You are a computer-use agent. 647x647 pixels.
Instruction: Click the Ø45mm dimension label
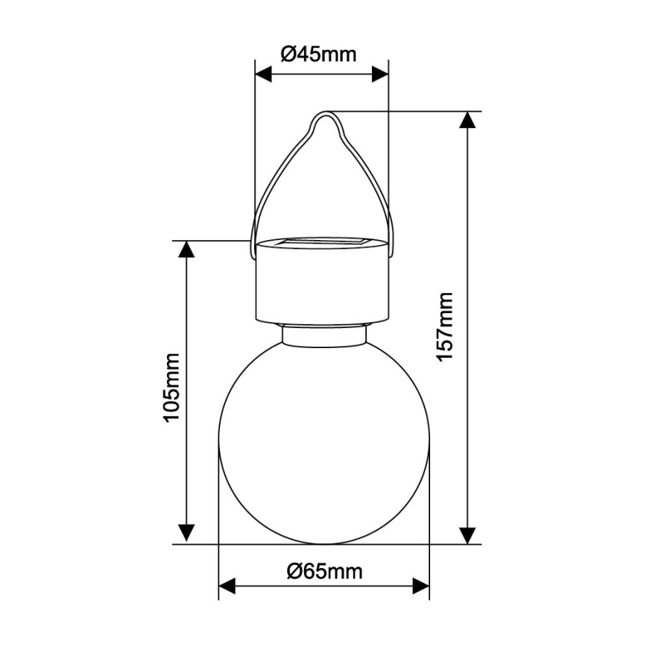(318, 54)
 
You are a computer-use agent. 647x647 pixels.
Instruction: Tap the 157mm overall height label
(445, 326)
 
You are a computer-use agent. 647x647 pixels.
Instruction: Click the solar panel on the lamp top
(322, 242)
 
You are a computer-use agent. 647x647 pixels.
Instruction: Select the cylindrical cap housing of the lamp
(322, 287)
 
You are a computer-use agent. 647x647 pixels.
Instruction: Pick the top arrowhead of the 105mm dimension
(186, 250)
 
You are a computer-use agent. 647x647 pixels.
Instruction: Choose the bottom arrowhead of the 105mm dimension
(186, 534)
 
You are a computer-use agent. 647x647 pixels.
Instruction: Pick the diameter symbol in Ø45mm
(288, 54)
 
